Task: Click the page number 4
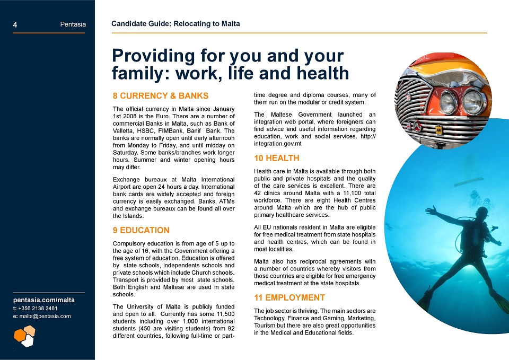coord(15,25)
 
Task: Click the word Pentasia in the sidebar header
coord(73,24)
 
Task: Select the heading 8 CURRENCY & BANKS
coord(161,96)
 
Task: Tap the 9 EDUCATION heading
coord(141,230)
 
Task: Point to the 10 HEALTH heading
coord(277,158)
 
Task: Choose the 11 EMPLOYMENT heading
coord(289,297)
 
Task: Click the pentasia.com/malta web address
coord(44,300)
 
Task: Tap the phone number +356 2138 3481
coord(38,309)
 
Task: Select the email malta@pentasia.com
coord(45,316)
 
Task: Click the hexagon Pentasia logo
coord(25,336)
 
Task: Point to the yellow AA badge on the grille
coord(438,130)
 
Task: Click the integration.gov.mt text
coord(277,144)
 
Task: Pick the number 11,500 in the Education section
coord(225,314)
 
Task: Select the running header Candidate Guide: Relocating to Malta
coord(175,24)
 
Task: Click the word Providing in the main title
coord(153,56)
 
